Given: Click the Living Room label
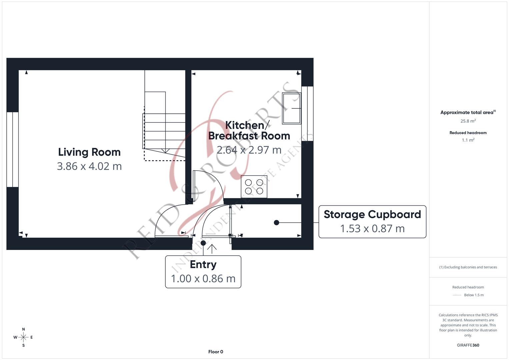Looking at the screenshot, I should (x=89, y=152).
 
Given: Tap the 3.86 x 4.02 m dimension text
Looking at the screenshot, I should (x=89, y=166).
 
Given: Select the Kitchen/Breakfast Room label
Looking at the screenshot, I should (x=249, y=130).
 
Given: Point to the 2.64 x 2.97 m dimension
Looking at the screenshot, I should (x=249, y=150).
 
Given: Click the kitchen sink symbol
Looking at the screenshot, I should (x=291, y=108).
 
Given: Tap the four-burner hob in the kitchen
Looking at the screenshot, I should (x=254, y=187).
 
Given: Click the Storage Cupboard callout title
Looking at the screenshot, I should (x=372, y=214).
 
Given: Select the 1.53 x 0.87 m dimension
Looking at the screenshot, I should (x=372, y=229).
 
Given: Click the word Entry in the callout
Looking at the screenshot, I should (x=203, y=264).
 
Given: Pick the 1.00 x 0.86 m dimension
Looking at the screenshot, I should (x=203, y=279).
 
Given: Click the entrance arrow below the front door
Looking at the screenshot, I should (x=212, y=248).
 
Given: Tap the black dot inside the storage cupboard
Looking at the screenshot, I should (x=276, y=223).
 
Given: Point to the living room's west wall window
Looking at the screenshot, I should (x=12, y=149).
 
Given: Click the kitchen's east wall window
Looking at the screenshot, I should (x=307, y=113).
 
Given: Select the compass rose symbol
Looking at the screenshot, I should (x=23, y=337).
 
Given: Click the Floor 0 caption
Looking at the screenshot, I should (x=216, y=352).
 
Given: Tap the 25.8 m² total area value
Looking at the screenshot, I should (x=468, y=121).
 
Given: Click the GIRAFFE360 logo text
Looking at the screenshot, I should (x=468, y=345).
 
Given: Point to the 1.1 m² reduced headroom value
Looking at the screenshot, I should (x=468, y=140).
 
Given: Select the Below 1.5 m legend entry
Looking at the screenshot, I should (x=474, y=295).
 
